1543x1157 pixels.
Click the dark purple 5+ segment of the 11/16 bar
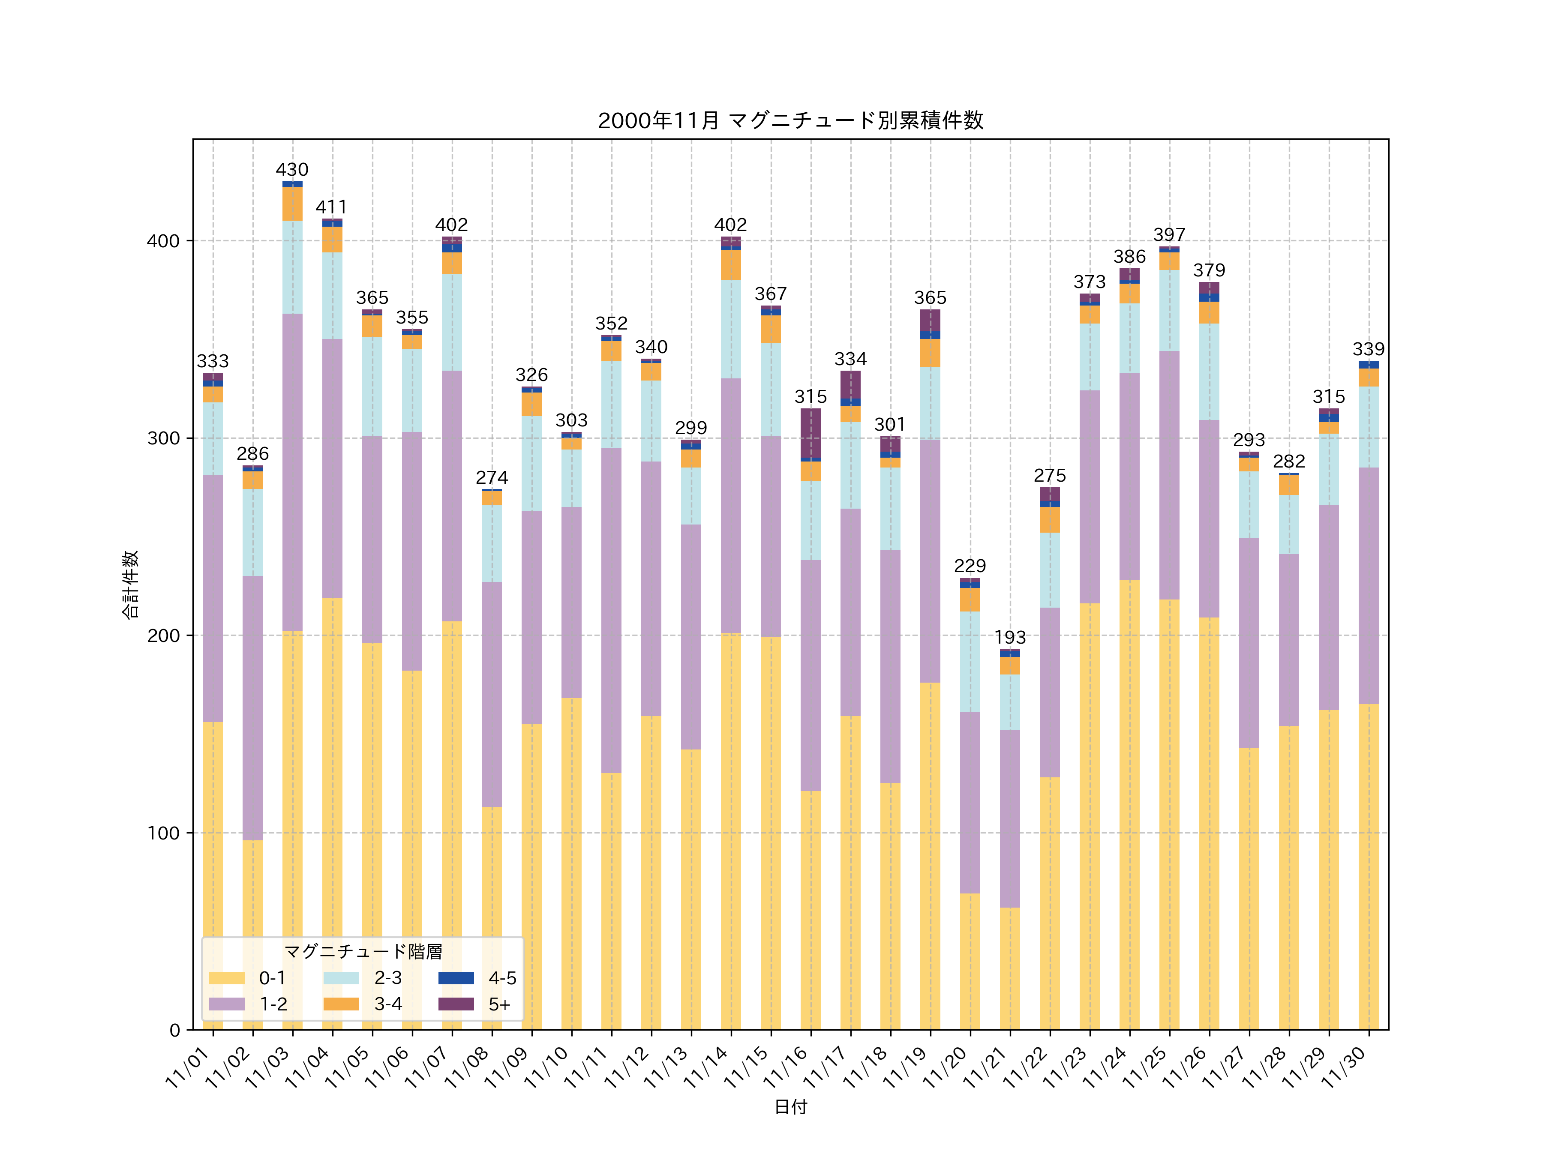pos(811,432)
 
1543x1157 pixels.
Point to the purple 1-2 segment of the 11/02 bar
pos(252,708)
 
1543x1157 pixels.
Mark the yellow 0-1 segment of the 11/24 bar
pos(1129,802)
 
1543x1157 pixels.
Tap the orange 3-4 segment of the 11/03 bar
pos(292,204)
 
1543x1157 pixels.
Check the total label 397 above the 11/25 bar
pos(1169,234)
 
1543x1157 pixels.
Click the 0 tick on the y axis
pos(174,1030)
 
